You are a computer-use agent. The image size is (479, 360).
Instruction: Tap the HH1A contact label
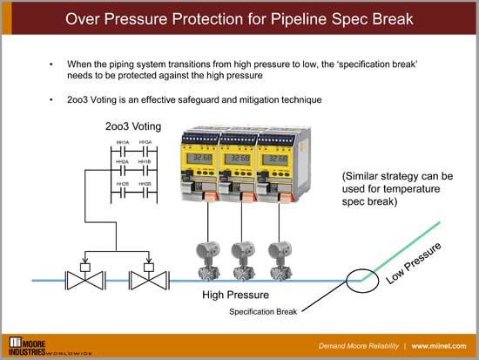pos(123,142)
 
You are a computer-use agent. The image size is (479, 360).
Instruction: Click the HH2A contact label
pos(123,162)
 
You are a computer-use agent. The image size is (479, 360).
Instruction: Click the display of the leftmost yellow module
pos(201,160)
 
